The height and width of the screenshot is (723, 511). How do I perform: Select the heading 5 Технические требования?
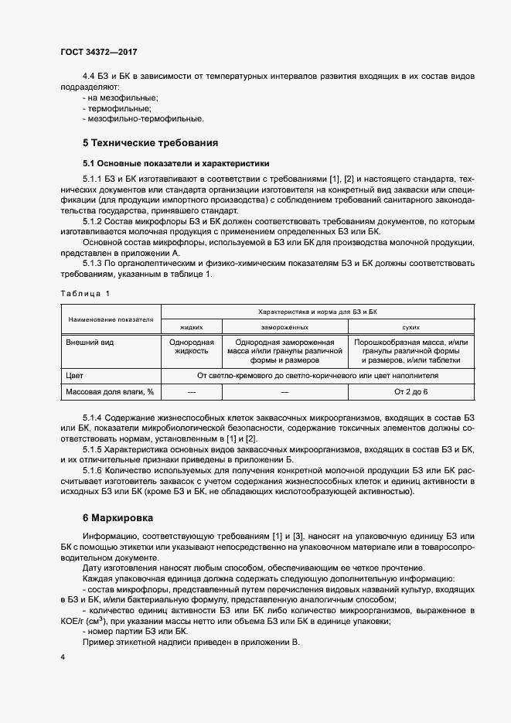(150, 143)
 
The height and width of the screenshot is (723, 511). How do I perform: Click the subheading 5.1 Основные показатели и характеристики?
(175, 164)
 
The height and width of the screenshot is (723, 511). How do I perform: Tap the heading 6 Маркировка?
(118, 517)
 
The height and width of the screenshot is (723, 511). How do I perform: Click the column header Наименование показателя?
(111, 319)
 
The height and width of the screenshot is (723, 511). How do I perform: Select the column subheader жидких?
(190, 328)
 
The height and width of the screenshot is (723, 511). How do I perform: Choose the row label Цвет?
(76, 375)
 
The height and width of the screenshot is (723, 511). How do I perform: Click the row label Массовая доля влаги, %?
(111, 392)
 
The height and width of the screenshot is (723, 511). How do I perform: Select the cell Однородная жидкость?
(190, 346)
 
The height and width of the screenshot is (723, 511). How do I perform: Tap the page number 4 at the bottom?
(63, 657)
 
